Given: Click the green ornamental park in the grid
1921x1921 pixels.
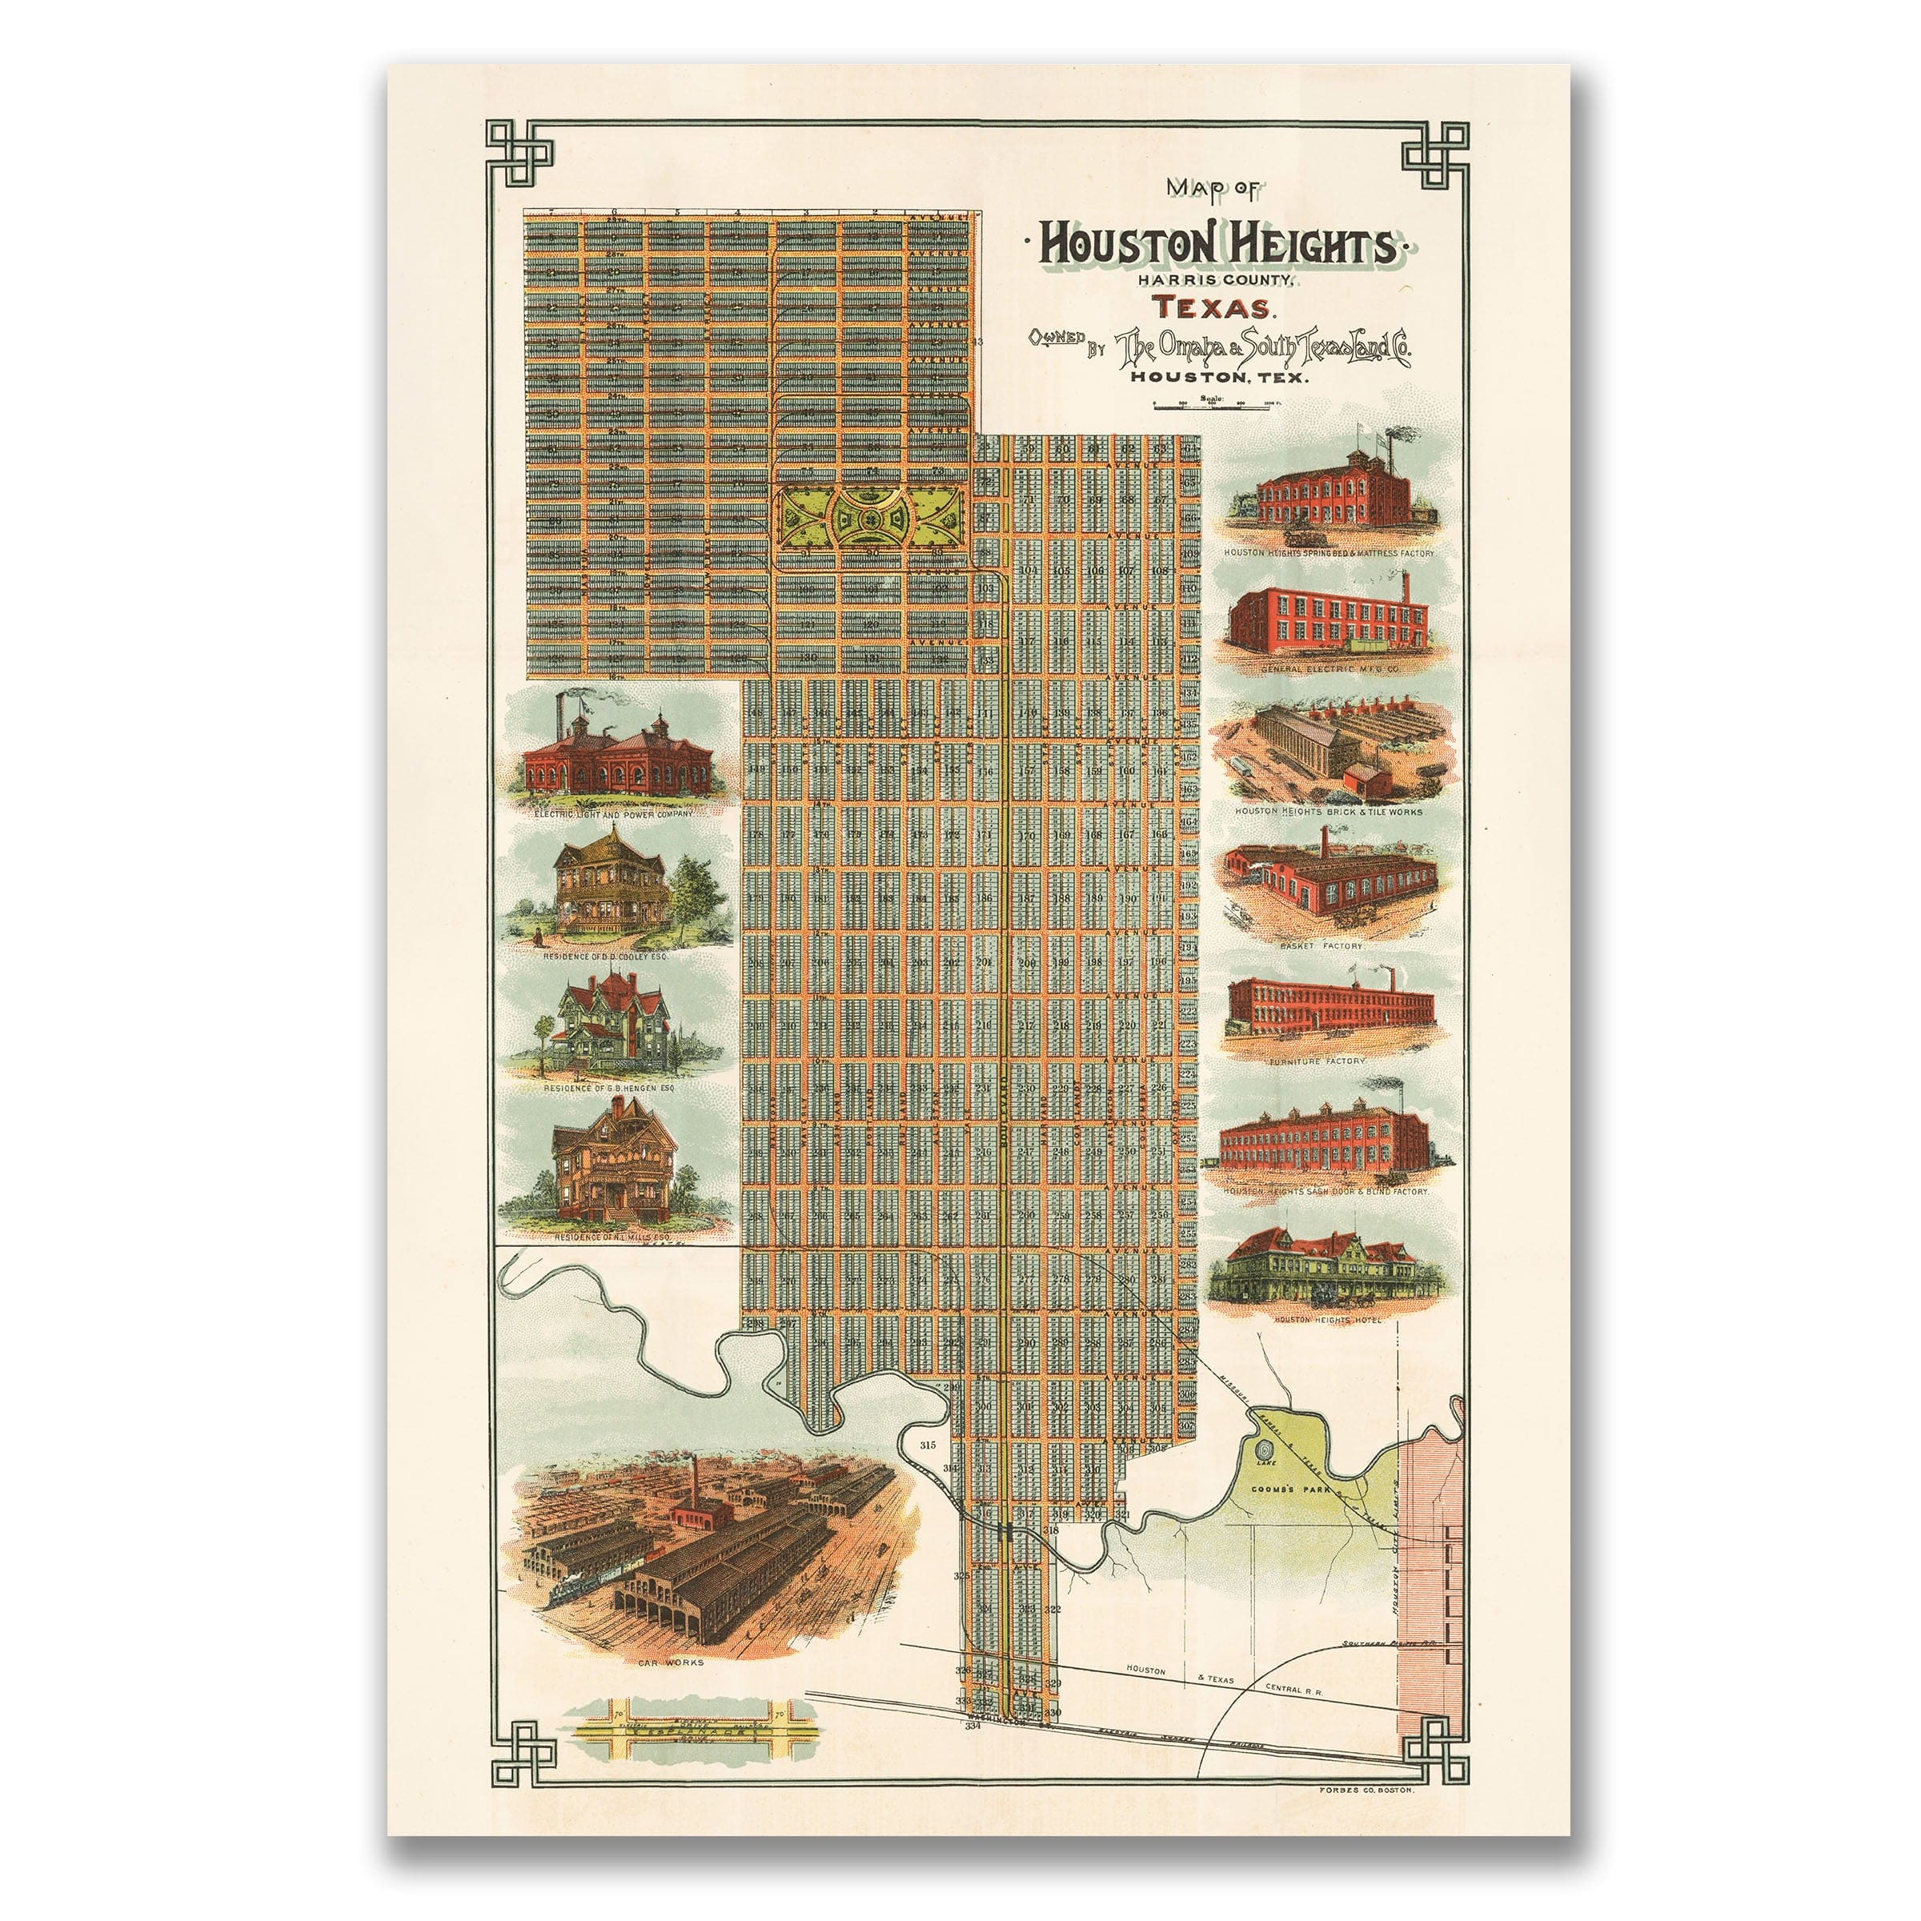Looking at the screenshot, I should pos(872,517).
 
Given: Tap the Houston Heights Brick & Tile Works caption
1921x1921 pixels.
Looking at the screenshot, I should pos(1329,812).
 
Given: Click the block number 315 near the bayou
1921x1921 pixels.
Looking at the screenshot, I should pos(928,1445).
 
